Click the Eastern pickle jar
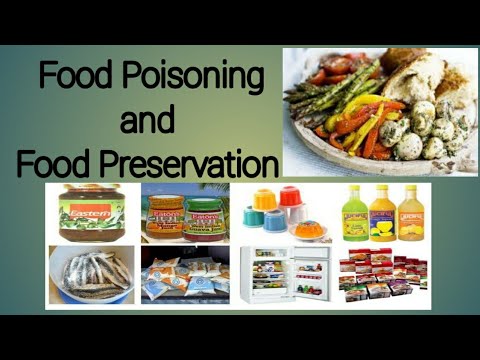(x=93, y=212)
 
